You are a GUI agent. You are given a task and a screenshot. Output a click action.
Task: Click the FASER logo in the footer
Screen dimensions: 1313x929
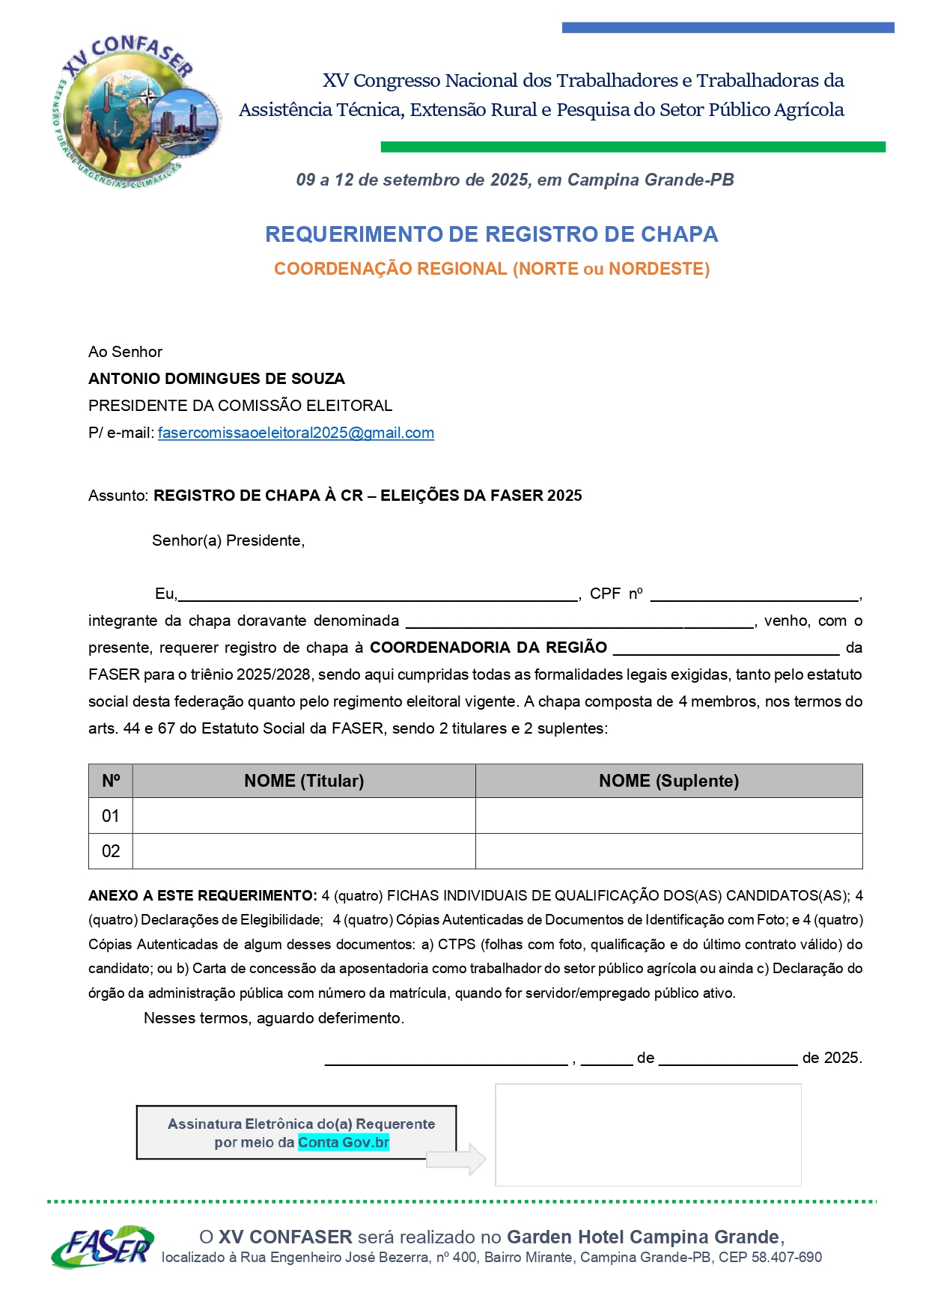[103, 1246]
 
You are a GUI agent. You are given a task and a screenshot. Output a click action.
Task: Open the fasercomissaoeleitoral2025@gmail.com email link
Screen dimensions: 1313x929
[296, 433]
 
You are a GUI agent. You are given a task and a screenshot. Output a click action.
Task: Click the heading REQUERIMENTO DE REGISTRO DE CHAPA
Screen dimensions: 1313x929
[491, 234]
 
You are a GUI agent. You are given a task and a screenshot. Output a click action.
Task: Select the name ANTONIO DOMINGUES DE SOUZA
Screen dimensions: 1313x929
[216, 379]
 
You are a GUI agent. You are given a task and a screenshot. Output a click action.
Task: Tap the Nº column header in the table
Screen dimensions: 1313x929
[111, 781]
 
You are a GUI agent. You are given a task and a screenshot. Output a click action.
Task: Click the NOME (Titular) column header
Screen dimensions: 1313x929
[304, 781]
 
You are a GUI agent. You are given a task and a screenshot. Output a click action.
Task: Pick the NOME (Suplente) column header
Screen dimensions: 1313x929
[668, 781]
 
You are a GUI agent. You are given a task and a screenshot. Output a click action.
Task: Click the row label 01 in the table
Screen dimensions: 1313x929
[111, 816]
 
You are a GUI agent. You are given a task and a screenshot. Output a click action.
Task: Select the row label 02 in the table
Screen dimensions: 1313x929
[111, 851]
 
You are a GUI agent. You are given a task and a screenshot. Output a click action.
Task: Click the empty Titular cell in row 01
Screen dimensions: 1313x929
[304, 816]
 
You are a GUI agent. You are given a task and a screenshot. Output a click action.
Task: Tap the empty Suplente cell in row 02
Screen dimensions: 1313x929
[668, 851]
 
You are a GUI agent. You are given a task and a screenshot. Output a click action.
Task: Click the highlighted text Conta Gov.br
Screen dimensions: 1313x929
[344, 1142]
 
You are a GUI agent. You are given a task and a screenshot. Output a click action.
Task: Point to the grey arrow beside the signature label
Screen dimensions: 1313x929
[457, 1160]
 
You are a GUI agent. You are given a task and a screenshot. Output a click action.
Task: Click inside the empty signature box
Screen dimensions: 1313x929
[648, 1135]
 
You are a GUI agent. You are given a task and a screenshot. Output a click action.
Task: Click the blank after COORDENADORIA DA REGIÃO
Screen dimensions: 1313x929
[726, 649]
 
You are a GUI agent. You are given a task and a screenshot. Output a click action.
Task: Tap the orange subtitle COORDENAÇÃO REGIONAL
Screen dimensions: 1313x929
[491, 269]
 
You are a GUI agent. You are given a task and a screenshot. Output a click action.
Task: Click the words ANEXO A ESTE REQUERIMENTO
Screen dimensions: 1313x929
[202, 896]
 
